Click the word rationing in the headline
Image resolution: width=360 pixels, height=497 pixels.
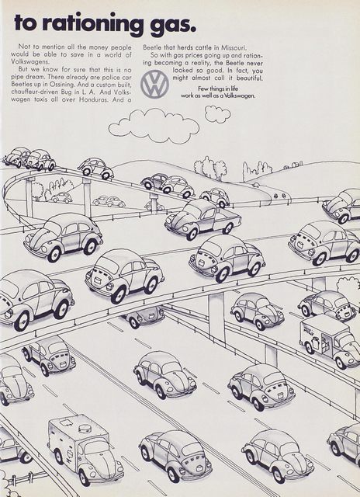(92, 23)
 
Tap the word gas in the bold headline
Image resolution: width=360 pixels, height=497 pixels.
(172, 25)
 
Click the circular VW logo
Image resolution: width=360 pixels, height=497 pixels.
(155, 84)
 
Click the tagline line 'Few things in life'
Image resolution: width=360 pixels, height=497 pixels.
(218, 89)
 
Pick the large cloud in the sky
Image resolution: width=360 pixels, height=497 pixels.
(154, 126)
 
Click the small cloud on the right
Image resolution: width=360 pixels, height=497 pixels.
(217, 114)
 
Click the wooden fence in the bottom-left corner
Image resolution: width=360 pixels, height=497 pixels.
(27, 478)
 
